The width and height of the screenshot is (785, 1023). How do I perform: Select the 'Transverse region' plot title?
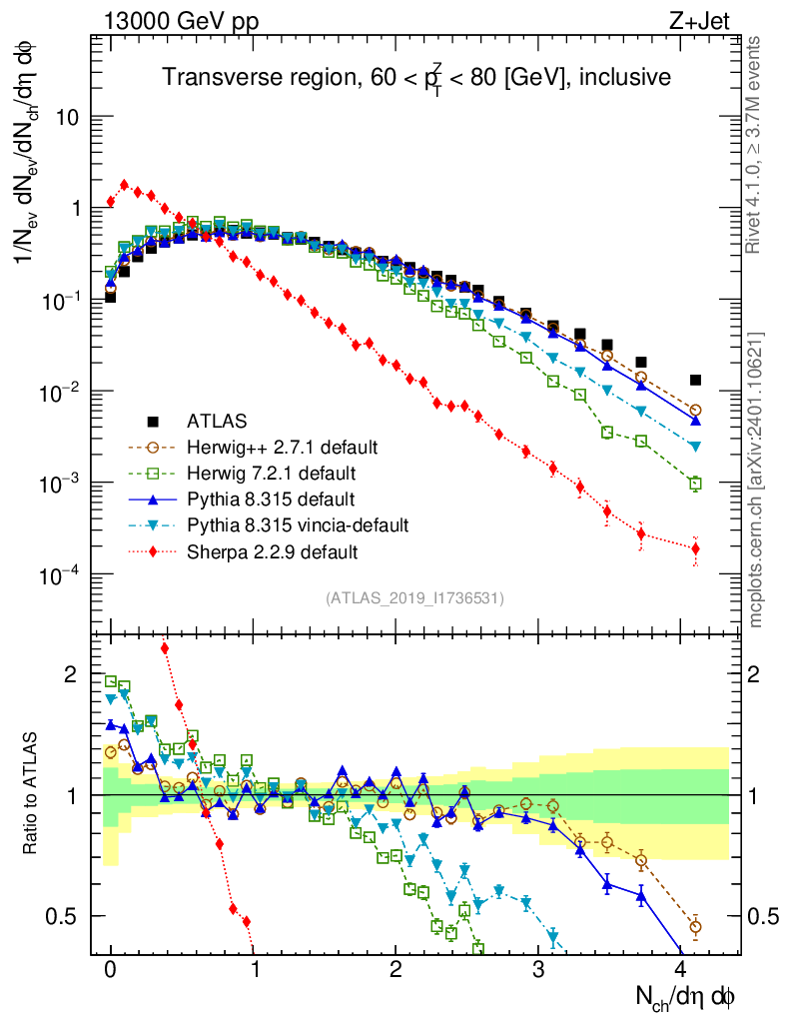tap(416, 77)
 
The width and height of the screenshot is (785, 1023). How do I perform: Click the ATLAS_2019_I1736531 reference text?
tap(414, 598)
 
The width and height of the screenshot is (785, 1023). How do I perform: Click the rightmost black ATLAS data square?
tap(696, 380)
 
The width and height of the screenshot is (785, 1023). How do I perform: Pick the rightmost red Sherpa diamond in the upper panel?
tap(696, 548)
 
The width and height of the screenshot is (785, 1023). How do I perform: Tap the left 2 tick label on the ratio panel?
tap(71, 675)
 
